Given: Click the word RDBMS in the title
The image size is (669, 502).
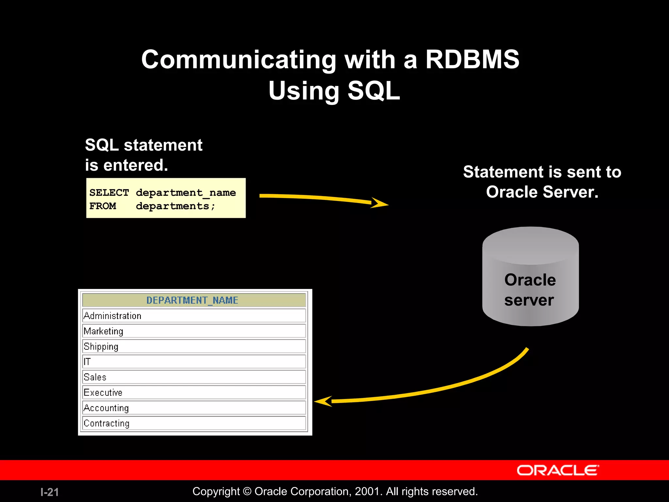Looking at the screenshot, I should (472, 60).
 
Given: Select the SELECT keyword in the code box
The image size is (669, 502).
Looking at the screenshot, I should (109, 192).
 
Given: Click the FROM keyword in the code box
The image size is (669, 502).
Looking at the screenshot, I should (103, 206).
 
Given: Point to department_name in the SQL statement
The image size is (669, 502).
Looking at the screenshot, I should (186, 192).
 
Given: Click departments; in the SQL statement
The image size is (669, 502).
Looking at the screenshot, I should (175, 206).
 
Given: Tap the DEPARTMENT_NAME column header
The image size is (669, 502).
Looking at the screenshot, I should (192, 300).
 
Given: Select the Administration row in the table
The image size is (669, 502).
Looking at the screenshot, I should (113, 316).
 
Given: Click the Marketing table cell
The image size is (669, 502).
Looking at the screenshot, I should (104, 331).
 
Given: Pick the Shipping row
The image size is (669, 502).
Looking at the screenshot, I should (101, 346).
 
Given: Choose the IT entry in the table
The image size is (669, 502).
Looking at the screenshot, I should (87, 362).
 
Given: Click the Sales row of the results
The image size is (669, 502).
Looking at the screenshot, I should (95, 377).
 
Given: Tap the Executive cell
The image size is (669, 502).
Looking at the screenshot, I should (103, 393).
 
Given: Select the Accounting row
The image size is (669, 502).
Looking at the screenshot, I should (106, 408).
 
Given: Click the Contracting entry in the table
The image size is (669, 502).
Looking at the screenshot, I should (106, 423).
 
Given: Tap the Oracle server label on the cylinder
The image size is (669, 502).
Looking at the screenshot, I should (530, 290).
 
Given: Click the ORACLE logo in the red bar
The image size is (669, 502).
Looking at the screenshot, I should (557, 470).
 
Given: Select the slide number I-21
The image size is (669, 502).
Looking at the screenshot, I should (50, 492).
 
